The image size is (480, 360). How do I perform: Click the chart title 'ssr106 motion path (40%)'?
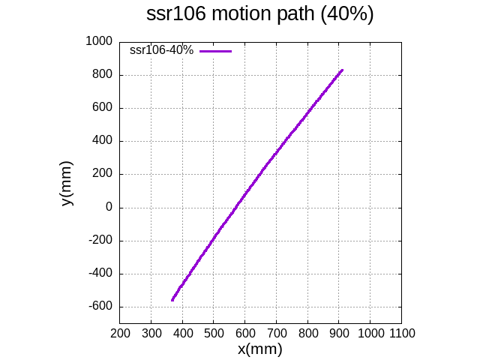[x=259, y=14]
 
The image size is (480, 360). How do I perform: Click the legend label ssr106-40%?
[x=161, y=50]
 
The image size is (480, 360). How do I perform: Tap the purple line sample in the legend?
[x=216, y=51]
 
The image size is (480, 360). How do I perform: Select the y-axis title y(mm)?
[x=67, y=183]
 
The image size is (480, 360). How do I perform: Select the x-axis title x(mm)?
[x=259, y=349]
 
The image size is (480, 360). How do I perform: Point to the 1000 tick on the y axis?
[x=100, y=41]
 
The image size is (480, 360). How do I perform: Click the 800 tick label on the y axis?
[x=103, y=75]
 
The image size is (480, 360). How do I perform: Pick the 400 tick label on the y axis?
[x=103, y=141]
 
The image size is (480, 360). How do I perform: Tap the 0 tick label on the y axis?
[x=108, y=208]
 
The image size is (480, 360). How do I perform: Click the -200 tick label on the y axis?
[x=101, y=241]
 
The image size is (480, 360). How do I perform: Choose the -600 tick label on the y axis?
[x=101, y=307]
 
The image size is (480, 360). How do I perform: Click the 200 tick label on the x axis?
[x=120, y=333]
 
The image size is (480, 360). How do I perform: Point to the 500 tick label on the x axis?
[x=214, y=333]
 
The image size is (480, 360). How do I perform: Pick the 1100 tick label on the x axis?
[x=401, y=333]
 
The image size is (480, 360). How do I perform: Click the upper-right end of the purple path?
[x=342, y=70]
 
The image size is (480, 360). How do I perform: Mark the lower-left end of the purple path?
[x=172, y=300]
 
